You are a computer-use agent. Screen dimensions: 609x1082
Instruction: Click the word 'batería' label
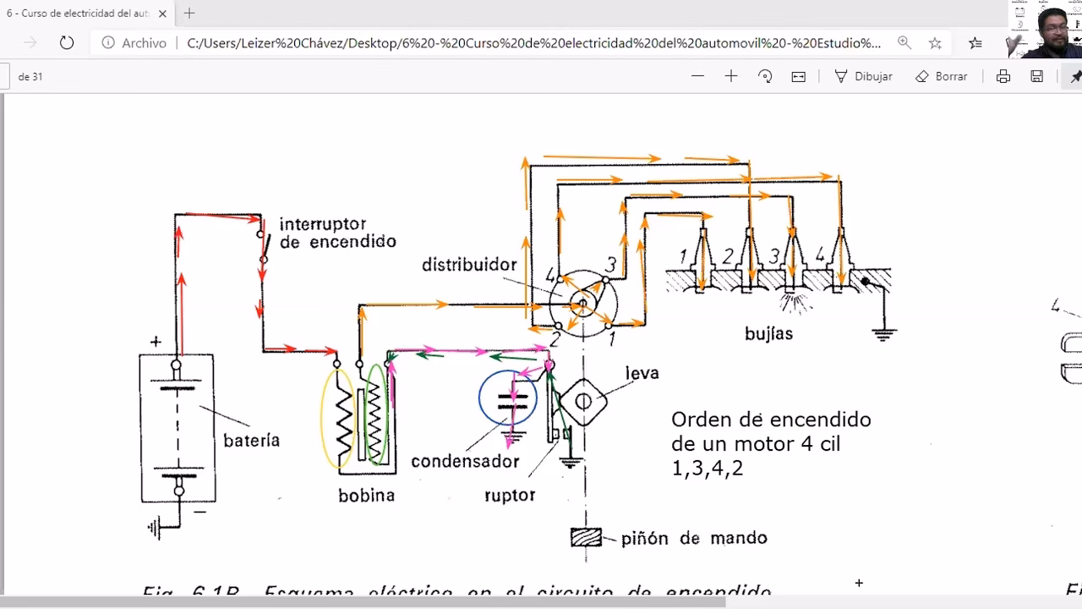pyautogui.click(x=251, y=440)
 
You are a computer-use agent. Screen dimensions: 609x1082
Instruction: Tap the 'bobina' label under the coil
pyautogui.click(x=366, y=496)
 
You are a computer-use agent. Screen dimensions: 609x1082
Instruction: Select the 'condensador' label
pyautogui.click(x=464, y=462)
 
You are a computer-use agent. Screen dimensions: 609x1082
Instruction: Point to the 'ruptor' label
pyautogui.click(x=509, y=495)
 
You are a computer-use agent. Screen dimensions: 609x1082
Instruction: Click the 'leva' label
pyautogui.click(x=642, y=373)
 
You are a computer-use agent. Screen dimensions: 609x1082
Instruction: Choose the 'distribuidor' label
pyautogui.click(x=469, y=265)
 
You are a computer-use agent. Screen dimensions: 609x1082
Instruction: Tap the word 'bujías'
pyautogui.click(x=768, y=334)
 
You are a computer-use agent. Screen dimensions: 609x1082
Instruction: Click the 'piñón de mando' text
pyautogui.click(x=693, y=538)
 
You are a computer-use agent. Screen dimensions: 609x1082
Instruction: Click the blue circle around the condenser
pyautogui.click(x=508, y=397)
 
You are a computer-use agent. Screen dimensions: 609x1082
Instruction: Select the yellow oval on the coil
pyautogui.click(x=336, y=419)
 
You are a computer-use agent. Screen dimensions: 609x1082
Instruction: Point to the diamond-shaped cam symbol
pyautogui.click(x=584, y=402)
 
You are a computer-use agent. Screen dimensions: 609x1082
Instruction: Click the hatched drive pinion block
pyautogui.click(x=586, y=537)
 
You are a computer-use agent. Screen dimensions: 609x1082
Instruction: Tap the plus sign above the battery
pyautogui.click(x=156, y=342)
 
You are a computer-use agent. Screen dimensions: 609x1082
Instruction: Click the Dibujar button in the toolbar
pyautogui.click(x=863, y=76)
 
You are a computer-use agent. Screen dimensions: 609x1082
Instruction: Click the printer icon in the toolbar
pyautogui.click(x=1003, y=76)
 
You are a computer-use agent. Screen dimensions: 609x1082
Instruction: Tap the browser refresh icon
pyautogui.click(x=67, y=42)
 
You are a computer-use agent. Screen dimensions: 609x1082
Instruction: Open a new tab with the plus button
pyautogui.click(x=189, y=13)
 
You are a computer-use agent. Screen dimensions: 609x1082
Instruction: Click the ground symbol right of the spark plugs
pyautogui.click(x=883, y=333)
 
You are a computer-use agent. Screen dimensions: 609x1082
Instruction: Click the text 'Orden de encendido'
pyautogui.click(x=770, y=420)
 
